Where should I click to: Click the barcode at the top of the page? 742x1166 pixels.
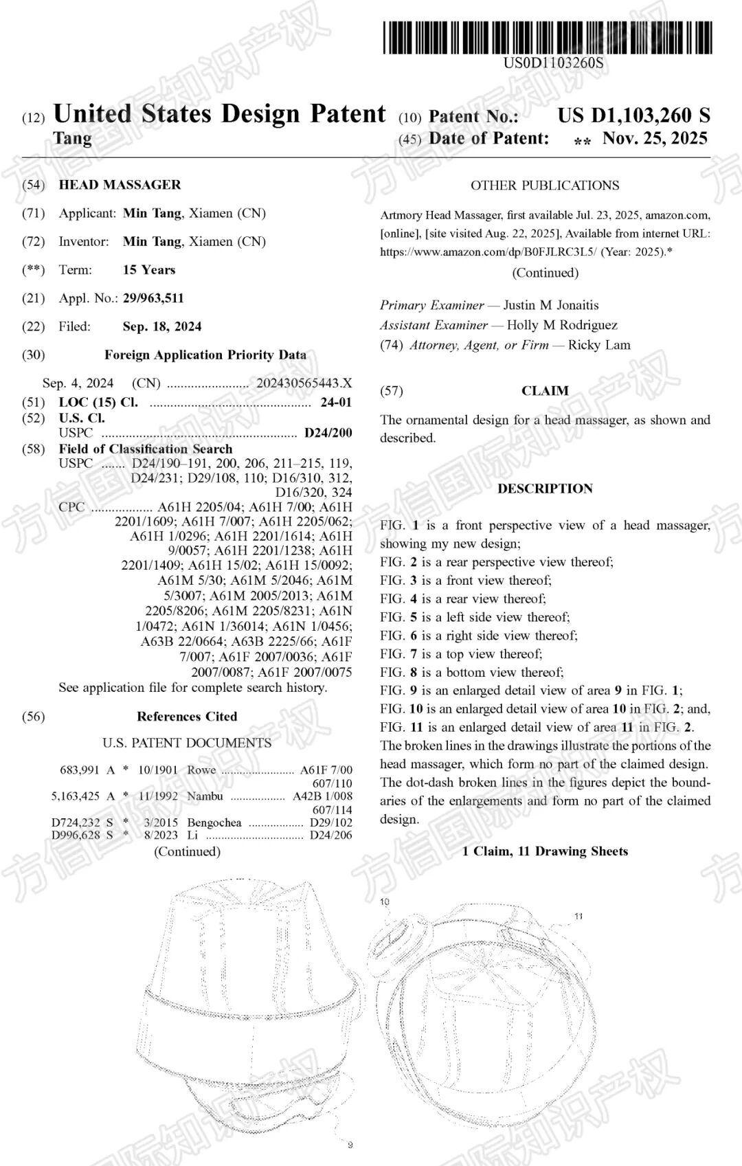pos(548,38)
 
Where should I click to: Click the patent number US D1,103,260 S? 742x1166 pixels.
pos(633,115)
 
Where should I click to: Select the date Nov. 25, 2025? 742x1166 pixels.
pos(655,138)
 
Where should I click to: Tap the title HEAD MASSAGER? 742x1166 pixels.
pos(120,185)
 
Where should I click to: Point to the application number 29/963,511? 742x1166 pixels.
pos(153,298)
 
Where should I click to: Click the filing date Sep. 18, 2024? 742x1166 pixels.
pos(162,326)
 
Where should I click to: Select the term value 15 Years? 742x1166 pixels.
pos(149,270)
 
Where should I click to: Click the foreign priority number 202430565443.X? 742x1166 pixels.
pos(304,383)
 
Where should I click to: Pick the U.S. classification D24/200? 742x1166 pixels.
pos(328,433)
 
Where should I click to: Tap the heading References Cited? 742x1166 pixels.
pos(187,717)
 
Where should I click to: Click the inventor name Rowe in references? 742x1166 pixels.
pos(201,770)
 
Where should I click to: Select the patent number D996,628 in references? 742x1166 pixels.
pos(76,836)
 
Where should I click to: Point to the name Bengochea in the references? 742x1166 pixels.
pos(214,822)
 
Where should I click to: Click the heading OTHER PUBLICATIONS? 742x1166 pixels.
pos(545,186)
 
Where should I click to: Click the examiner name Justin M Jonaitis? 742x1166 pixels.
pos(551,305)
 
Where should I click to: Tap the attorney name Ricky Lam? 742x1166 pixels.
pos(599,345)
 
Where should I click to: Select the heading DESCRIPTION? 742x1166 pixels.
pos(545,489)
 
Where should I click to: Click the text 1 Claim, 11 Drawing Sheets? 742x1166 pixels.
pos(545,851)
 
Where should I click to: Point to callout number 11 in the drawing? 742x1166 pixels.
pos(578,916)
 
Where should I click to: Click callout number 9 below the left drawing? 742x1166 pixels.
pos(350,1145)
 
